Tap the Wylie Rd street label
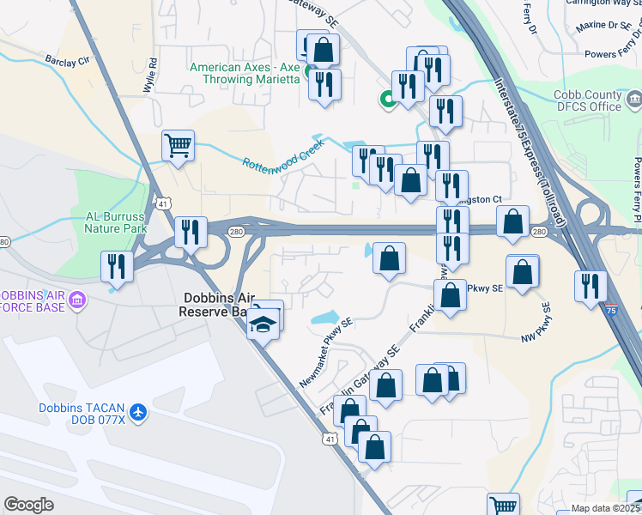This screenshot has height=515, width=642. coord(152,75)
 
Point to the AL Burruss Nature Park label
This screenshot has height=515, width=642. coord(116,222)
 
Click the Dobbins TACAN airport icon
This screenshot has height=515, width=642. coord(138,411)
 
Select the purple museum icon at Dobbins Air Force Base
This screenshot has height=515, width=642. coord(77,300)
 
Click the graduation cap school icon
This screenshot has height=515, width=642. coord(263,324)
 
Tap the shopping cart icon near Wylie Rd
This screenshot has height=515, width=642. coord(178,146)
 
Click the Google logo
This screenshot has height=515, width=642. coord(29,504)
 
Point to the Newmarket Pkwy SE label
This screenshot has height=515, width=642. coord(326,352)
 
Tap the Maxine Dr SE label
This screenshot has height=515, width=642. coord(603,26)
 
